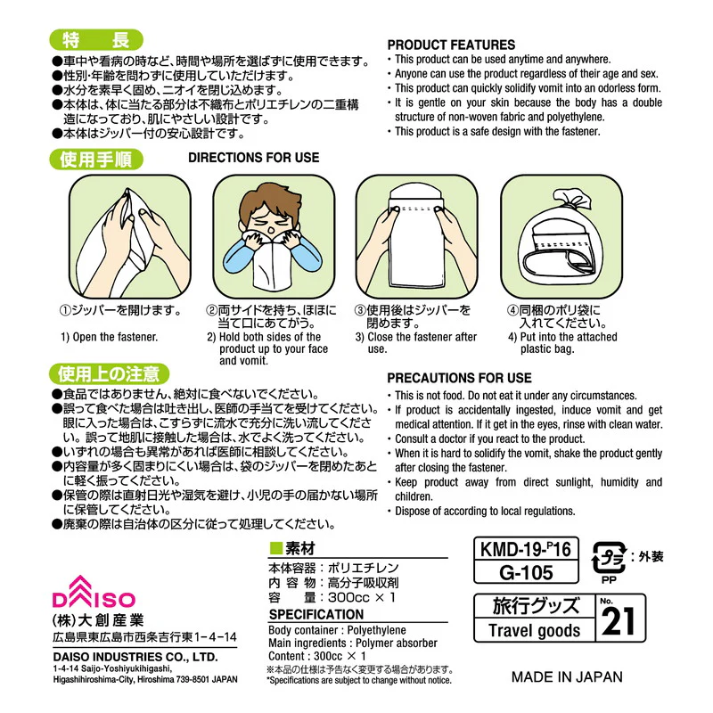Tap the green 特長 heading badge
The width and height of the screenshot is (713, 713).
point(96,40)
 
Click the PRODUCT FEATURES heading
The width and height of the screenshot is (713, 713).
point(451,45)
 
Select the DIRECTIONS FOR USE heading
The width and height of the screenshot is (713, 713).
point(254,158)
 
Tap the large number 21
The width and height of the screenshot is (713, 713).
point(619,621)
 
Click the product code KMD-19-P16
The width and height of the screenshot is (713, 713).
point(526,549)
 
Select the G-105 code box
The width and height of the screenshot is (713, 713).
point(526,572)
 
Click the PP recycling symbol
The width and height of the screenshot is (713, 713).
point(609,562)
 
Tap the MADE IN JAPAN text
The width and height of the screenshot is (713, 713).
point(567,676)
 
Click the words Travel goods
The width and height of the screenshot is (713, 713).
point(534,630)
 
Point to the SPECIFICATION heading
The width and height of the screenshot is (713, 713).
point(316,614)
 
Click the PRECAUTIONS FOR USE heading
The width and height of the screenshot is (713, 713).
point(459,378)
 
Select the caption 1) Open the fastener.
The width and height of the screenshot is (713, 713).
point(109,337)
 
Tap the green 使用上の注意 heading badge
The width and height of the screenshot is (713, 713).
point(109,373)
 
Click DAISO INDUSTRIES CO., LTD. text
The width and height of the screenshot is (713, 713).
point(135,657)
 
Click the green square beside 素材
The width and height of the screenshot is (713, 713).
point(276,548)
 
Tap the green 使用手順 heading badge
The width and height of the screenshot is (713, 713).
point(96,160)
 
